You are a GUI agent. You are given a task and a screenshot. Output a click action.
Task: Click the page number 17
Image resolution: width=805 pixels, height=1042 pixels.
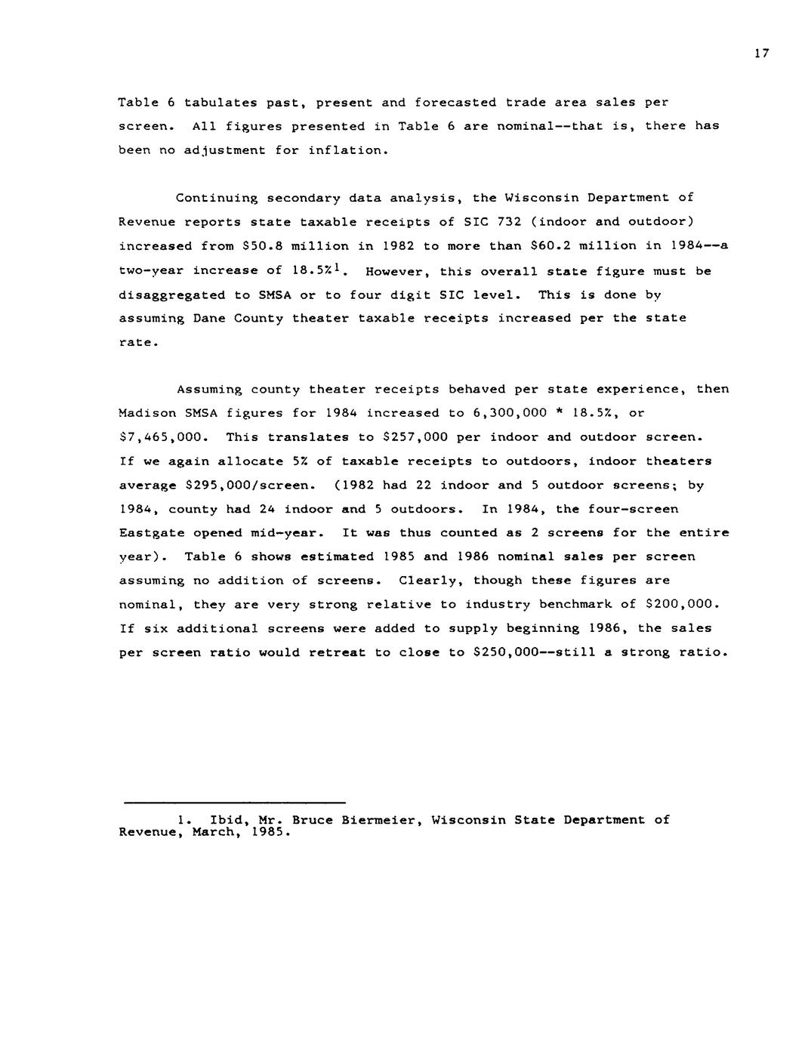pyautogui.click(x=760, y=53)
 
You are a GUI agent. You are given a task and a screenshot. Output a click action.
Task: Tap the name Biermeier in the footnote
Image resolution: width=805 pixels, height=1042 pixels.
pyautogui.click(x=381, y=820)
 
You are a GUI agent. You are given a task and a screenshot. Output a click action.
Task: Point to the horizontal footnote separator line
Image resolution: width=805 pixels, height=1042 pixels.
pyautogui.click(x=235, y=802)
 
